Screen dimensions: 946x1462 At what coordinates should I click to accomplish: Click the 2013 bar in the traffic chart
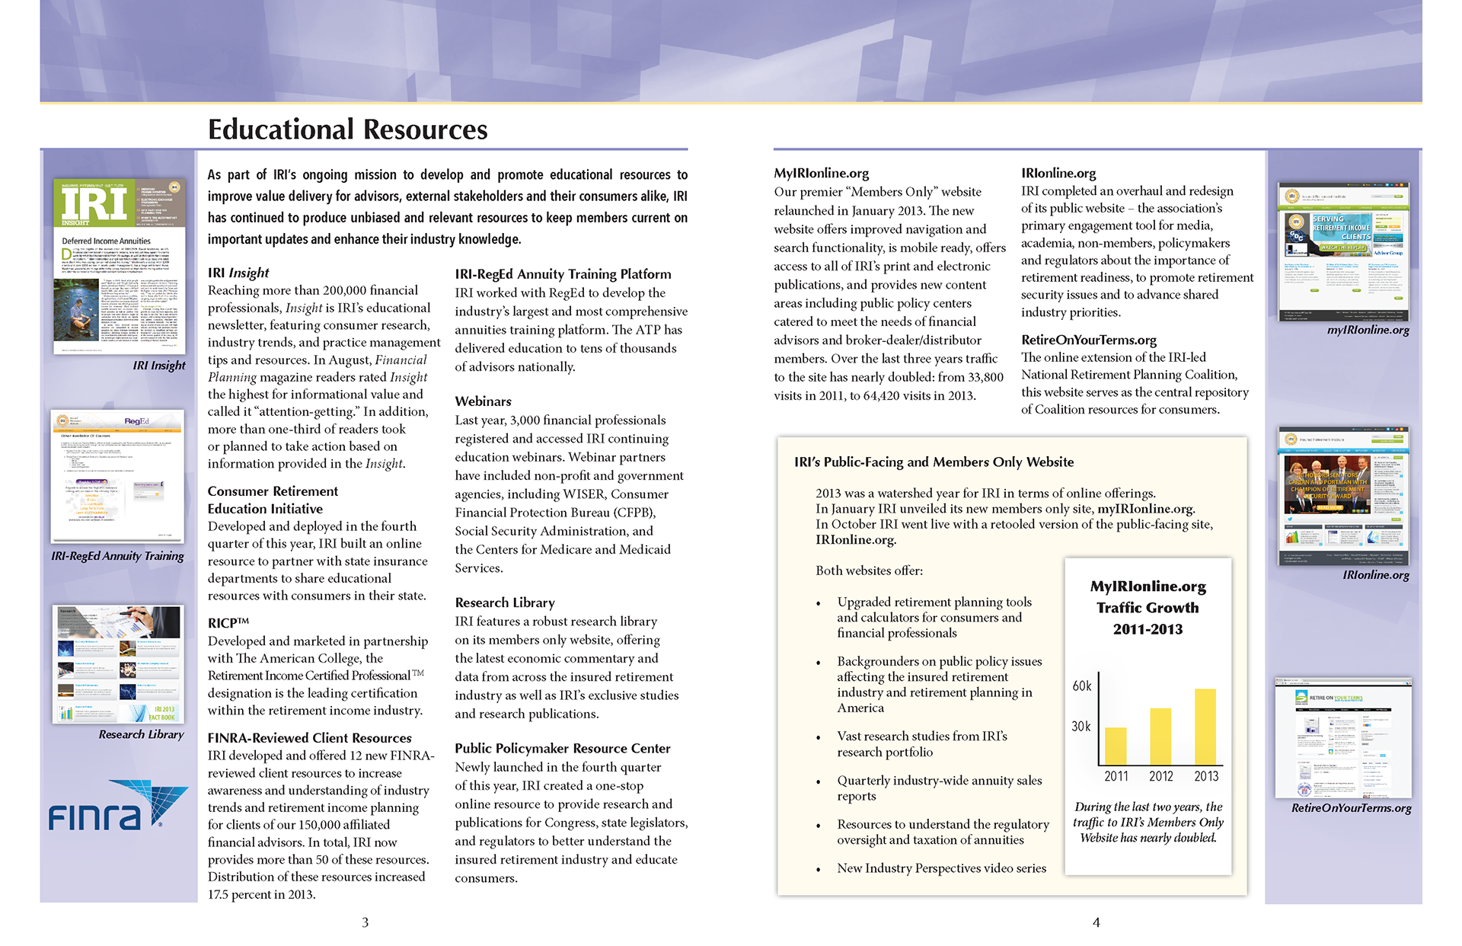click(1205, 727)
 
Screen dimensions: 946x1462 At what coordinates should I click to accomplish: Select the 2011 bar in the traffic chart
click(1116, 746)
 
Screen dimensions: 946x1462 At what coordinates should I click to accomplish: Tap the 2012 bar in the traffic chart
click(1160, 737)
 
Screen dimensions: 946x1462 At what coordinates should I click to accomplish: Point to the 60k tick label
click(1082, 686)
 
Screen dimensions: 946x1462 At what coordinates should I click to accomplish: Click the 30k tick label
click(1081, 727)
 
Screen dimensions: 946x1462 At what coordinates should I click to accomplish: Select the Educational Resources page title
click(347, 129)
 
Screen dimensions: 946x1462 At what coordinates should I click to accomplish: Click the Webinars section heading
click(483, 401)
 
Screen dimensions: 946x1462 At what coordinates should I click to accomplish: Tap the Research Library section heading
click(504, 602)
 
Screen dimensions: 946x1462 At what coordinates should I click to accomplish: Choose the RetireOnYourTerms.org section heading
click(1088, 340)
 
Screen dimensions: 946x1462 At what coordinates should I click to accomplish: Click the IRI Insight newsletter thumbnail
click(120, 267)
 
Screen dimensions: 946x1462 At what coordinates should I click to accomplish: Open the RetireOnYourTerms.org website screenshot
click(1343, 737)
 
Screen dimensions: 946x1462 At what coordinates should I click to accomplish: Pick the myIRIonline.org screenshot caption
click(1368, 330)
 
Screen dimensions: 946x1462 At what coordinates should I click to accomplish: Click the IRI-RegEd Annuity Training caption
click(117, 556)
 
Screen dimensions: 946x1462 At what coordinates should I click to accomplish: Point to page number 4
click(1096, 922)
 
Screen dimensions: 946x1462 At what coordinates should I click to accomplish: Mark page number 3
click(365, 922)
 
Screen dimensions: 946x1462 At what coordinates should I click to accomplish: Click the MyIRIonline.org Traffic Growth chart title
click(1148, 608)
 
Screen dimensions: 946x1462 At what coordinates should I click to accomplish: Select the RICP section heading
click(228, 623)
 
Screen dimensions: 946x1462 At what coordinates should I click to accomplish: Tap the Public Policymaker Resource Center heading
click(562, 749)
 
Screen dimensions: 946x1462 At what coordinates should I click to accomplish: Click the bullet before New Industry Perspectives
click(819, 869)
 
